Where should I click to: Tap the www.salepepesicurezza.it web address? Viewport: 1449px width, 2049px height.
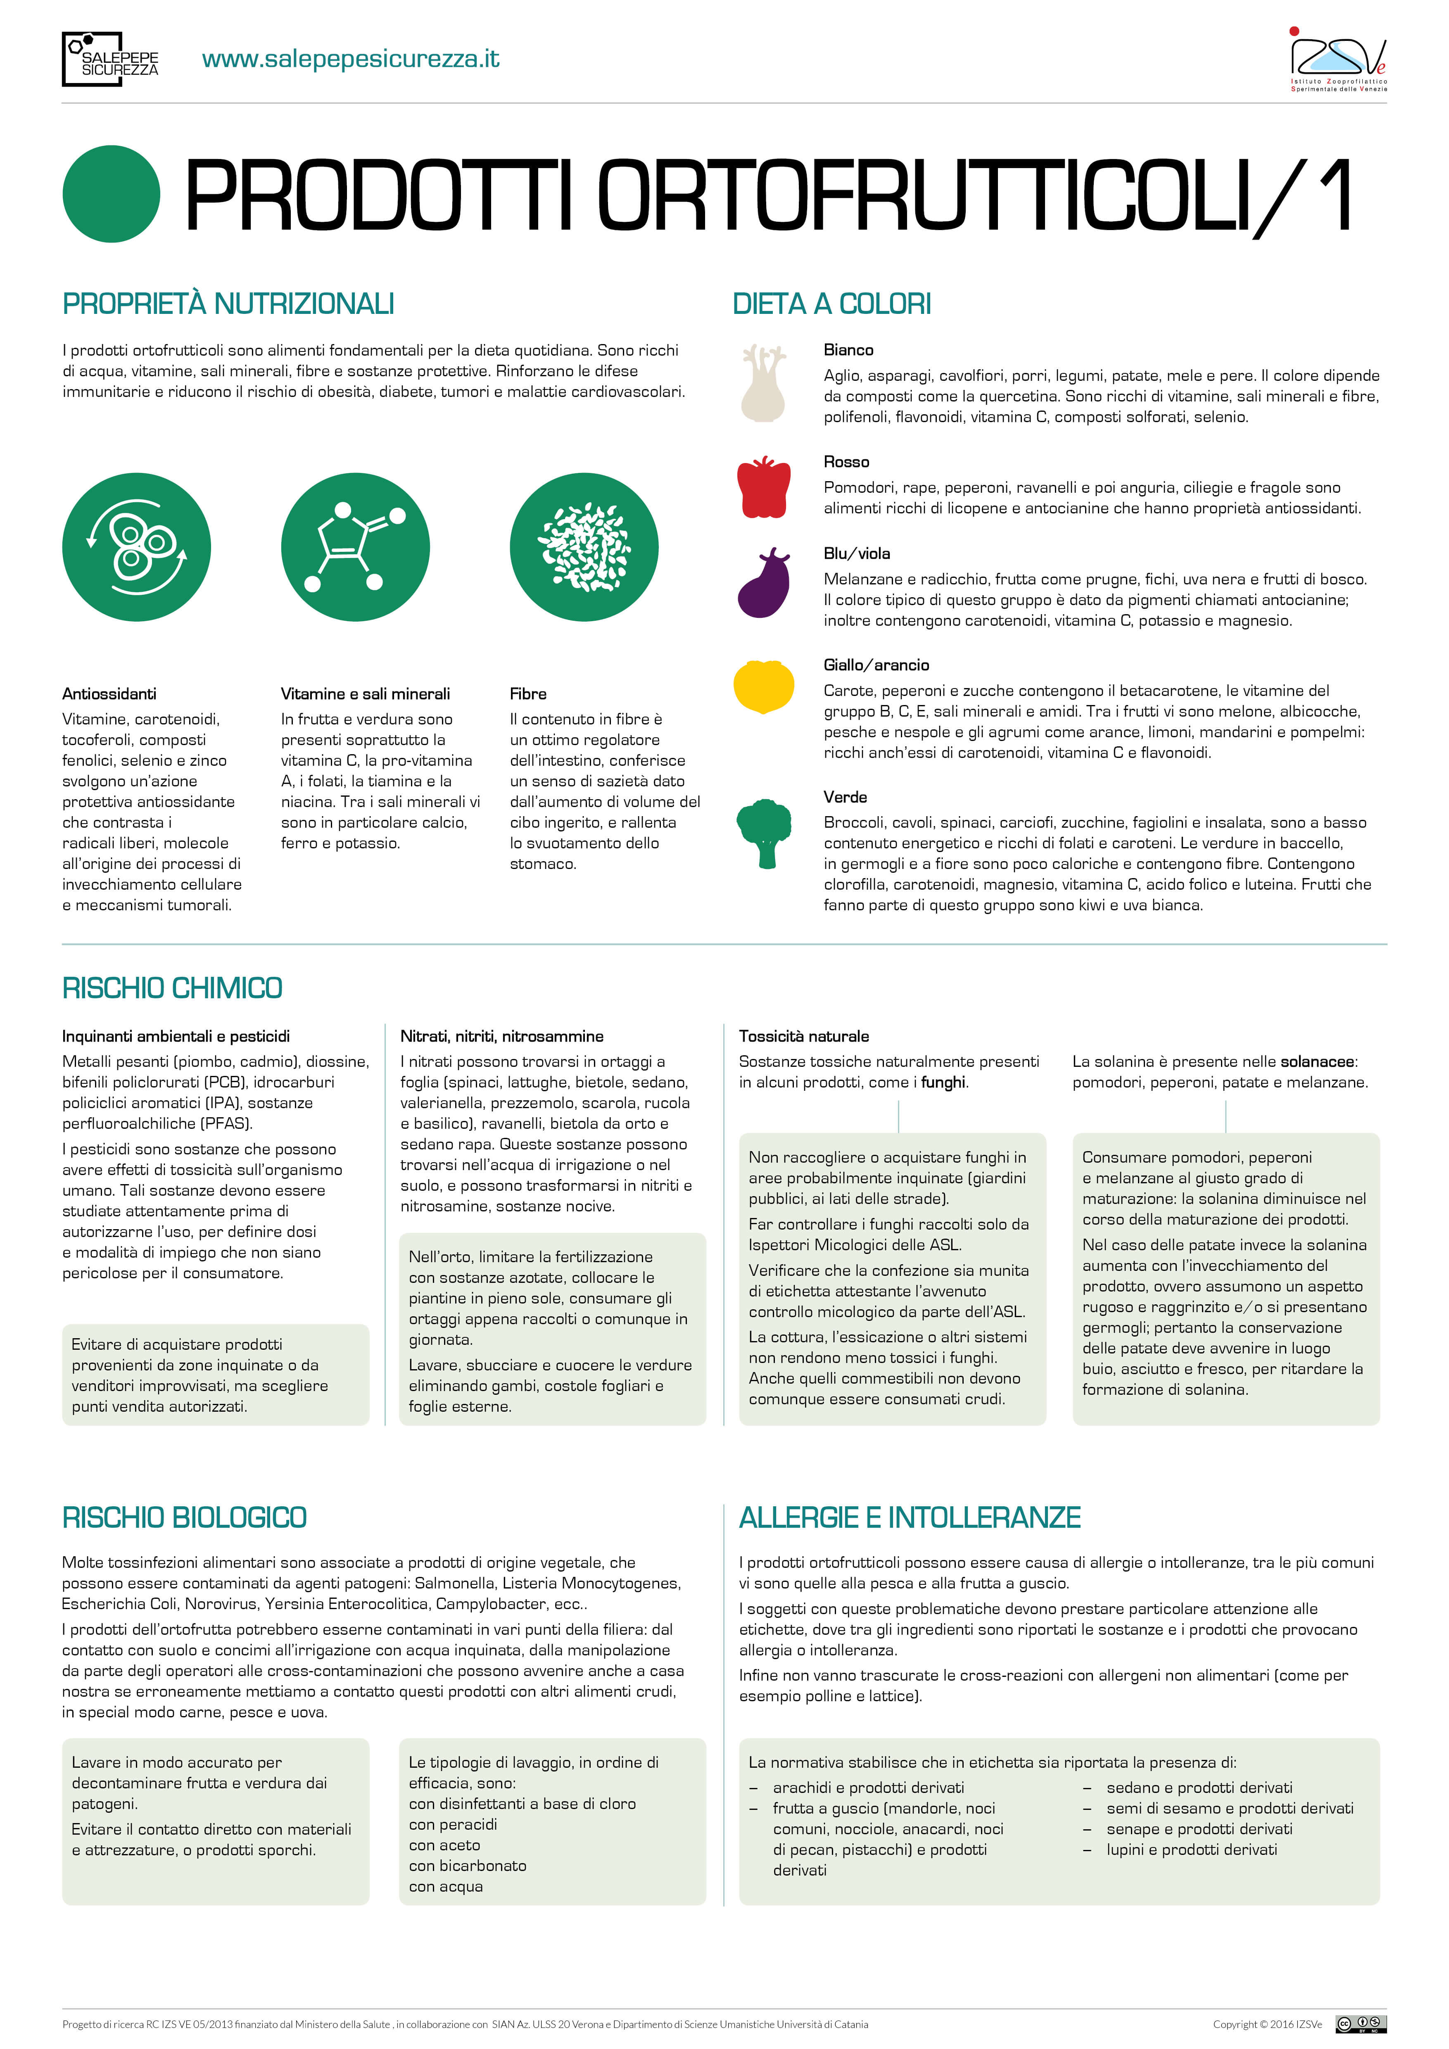click(351, 59)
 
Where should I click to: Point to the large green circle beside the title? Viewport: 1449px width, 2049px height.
click(112, 194)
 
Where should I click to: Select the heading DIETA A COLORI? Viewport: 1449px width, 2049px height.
click(831, 304)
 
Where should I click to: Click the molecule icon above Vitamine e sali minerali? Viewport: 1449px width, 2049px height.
click(355, 547)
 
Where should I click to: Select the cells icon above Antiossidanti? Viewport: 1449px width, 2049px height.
click(136, 547)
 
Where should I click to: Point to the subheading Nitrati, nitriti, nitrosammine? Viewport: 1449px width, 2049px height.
click(501, 1036)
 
